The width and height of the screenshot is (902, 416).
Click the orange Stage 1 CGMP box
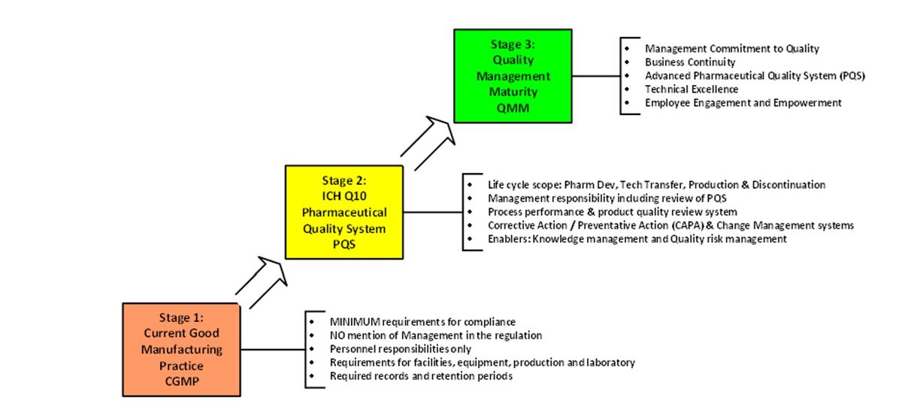click(180, 349)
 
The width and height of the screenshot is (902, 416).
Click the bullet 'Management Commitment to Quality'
click(731, 49)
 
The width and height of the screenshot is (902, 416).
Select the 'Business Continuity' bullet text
click(689, 62)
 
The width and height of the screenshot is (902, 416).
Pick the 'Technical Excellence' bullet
click(691, 90)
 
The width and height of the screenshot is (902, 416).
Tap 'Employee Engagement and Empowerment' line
click(743, 103)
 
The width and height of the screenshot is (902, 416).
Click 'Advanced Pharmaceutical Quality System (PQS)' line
click(755, 76)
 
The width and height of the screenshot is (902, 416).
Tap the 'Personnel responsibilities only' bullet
click(400, 349)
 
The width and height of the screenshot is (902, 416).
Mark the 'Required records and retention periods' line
click(421, 376)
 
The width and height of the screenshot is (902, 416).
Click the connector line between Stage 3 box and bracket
click(595, 75)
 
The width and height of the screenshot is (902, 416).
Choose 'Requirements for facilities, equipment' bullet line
click(482, 363)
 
